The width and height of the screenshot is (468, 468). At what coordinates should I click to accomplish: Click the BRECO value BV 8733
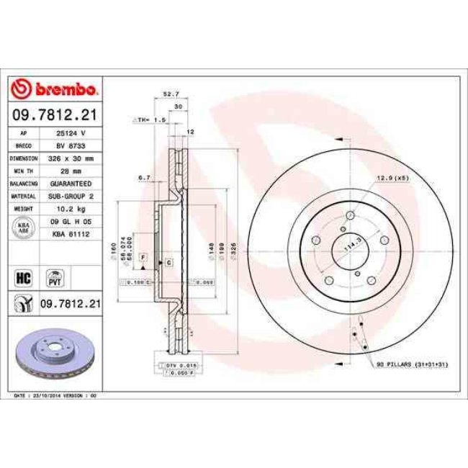click(x=71, y=145)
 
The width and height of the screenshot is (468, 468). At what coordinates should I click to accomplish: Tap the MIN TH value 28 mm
click(x=71, y=170)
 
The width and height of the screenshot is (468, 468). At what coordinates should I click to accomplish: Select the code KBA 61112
click(x=71, y=233)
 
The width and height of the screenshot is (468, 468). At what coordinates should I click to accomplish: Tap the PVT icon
click(x=54, y=276)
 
